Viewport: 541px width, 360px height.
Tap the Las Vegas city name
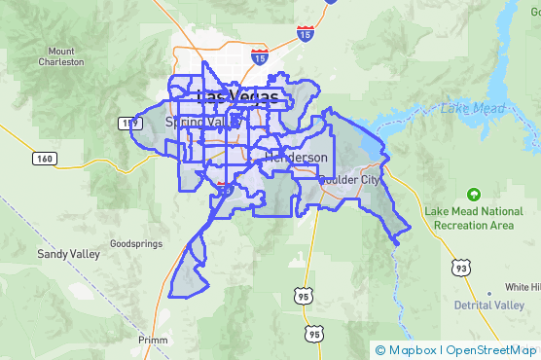pos(236,97)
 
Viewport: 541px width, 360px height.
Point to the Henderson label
pos(297,158)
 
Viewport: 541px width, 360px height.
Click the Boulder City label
pos(351,181)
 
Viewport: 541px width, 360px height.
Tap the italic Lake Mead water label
pos(470,108)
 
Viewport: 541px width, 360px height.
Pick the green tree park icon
pos(474,194)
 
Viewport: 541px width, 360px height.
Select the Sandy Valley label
pos(68,254)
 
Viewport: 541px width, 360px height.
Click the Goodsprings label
pos(133,242)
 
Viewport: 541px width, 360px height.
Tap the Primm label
pos(152,340)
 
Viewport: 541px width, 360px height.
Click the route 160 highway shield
pos(45,157)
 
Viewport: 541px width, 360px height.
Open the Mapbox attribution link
pos(412,350)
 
